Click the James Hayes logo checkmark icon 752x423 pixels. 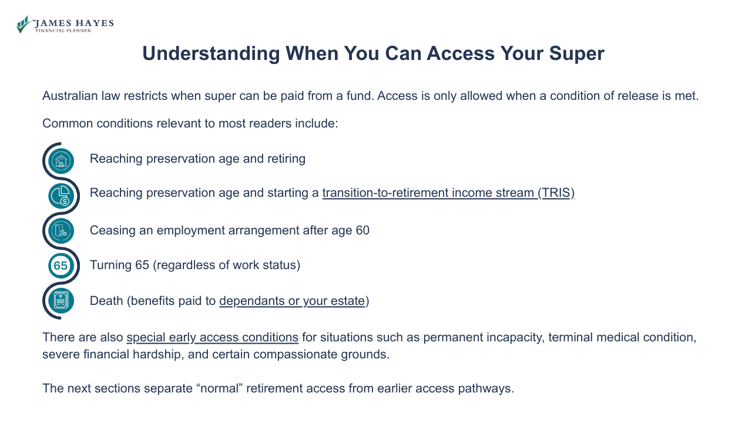(23, 24)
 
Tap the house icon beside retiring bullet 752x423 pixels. (61, 161)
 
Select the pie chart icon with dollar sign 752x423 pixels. (61, 196)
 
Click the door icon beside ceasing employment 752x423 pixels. (61, 231)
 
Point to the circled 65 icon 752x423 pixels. (61, 266)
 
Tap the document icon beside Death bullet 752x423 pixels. (61, 301)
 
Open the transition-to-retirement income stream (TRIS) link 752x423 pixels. (448, 193)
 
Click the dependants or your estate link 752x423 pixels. (292, 301)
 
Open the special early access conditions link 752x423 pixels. (212, 337)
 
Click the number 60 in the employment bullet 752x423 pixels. (362, 230)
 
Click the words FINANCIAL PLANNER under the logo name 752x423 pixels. (63, 31)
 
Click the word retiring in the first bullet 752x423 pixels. (286, 159)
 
